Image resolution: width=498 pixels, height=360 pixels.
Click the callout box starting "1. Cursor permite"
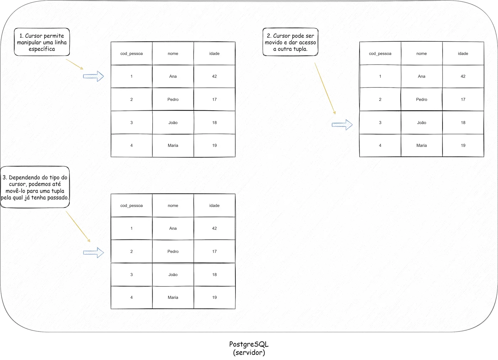(x=42, y=42)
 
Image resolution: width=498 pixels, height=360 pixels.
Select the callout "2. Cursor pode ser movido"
(x=290, y=42)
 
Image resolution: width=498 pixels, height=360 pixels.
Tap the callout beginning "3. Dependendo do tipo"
(x=35, y=187)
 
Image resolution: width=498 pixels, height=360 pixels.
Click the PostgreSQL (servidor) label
(x=249, y=348)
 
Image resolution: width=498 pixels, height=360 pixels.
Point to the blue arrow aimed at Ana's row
(x=93, y=76)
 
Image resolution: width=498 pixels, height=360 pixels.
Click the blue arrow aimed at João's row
(x=342, y=125)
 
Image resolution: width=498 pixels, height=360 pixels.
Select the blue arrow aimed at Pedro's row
(x=93, y=253)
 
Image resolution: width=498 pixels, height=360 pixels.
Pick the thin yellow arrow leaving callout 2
(x=325, y=88)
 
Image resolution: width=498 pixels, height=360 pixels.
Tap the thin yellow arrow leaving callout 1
(x=74, y=64)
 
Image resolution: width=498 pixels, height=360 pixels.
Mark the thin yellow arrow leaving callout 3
(x=78, y=226)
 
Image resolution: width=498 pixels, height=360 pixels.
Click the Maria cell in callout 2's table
(x=422, y=145)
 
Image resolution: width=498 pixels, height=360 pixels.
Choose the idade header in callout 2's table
(x=463, y=53)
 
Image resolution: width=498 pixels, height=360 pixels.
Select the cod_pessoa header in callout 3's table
(x=131, y=206)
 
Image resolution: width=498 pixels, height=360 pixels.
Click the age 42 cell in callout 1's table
(x=214, y=76)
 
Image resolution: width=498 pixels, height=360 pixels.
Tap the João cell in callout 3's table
(x=173, y=275)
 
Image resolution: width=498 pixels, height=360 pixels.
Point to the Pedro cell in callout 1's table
(x=173, y=99)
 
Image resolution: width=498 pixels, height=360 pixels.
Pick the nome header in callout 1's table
(x=173, y=53)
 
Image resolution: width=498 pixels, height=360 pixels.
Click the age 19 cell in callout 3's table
(x=214, y=297)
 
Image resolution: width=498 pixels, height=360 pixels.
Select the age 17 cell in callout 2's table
(x=463, y=99)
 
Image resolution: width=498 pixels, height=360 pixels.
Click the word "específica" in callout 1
(x=42, y=49)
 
